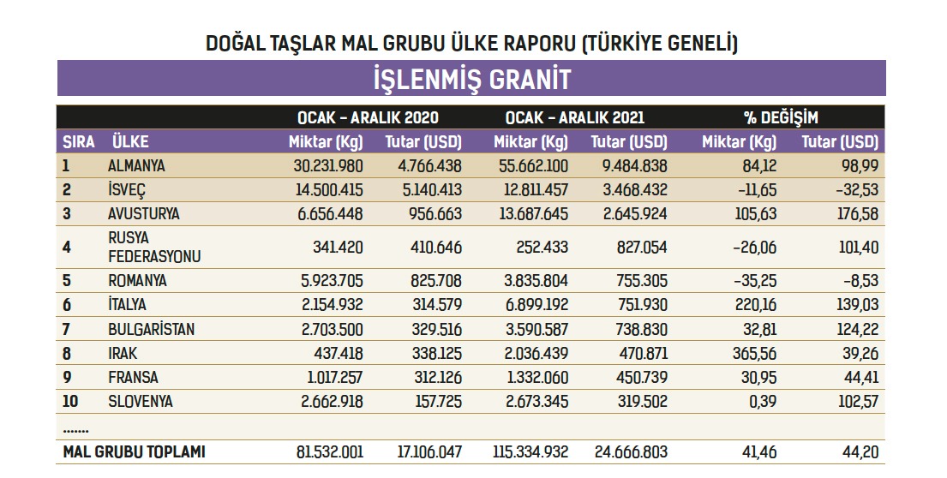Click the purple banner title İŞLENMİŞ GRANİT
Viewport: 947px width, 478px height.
click(x=471, y=80)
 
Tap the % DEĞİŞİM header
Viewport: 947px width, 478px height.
click(x=781, y=117)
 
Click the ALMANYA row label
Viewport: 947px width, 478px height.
click(x=137, y=166)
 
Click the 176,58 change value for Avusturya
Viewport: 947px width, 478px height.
click(x=856, y=214)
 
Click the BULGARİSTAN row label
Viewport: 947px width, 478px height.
click(x=151, y=329)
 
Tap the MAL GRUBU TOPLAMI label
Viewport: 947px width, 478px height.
click(x=134, y=451)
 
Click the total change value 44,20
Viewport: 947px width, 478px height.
click(x=860, y=451)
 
